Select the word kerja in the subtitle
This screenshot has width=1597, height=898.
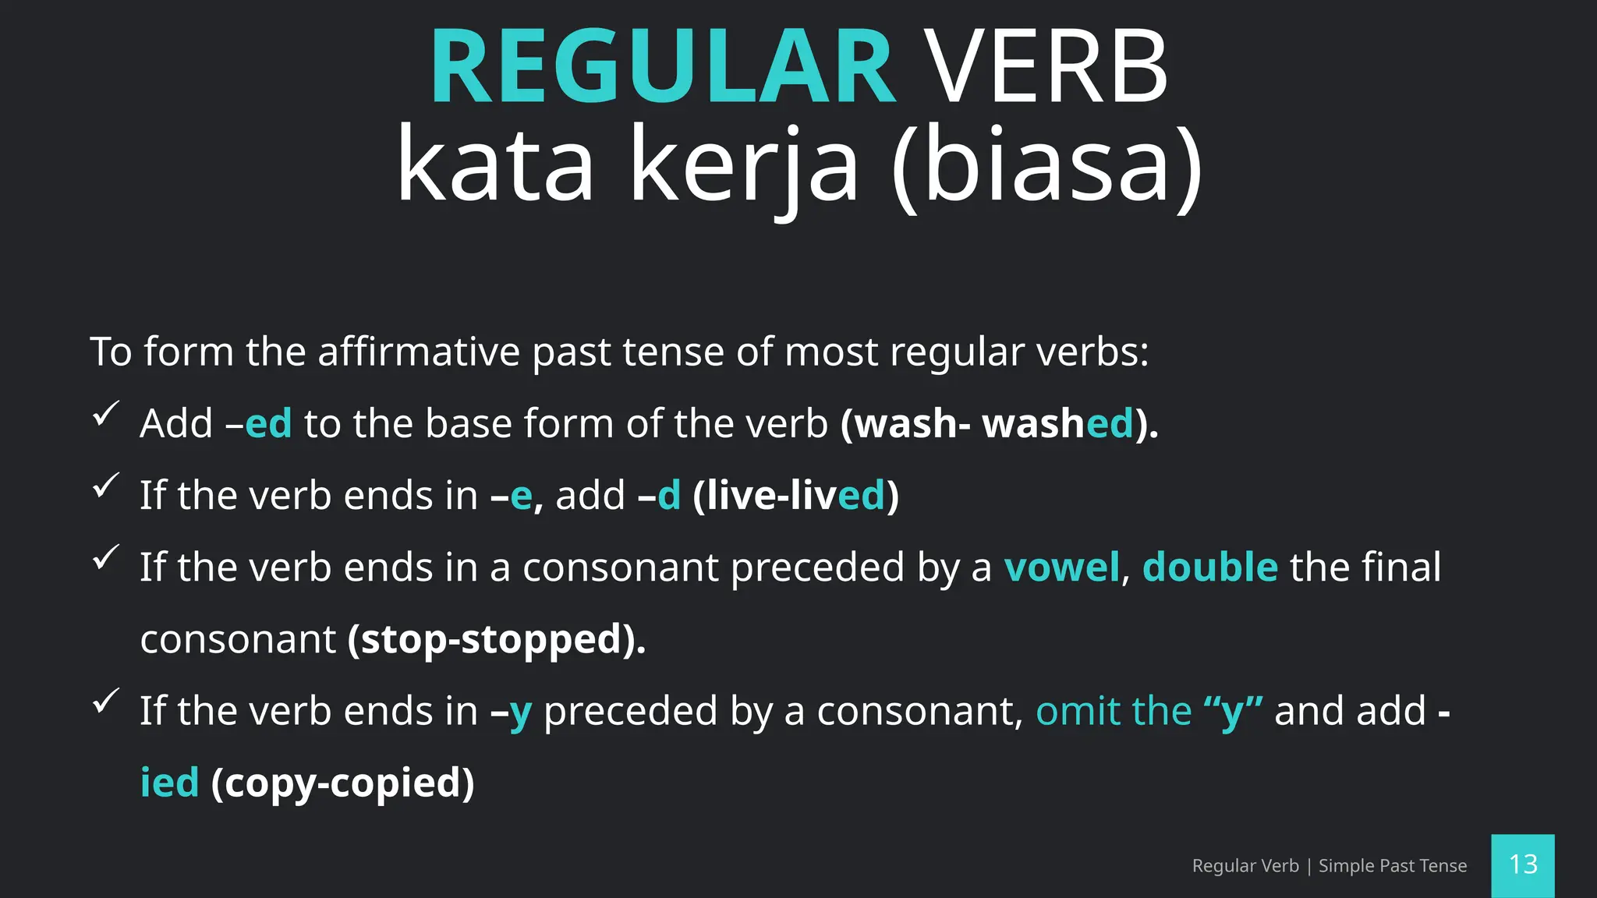[x=744, y=165]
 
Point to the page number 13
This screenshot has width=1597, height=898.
[x=1523, y=864]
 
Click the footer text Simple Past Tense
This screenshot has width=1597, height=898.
[x=1392, y=866]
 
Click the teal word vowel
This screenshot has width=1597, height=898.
[x=1061, y=567]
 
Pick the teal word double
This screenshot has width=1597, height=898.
[x=1209, y=567]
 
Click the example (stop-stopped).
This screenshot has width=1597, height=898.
[x=497, y=640]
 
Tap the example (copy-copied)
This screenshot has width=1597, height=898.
[x=342, y=783]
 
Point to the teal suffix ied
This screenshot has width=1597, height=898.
[x=169, y=783]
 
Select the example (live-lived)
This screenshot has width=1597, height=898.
[x=795, y=496]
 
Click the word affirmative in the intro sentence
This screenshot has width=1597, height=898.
[x=419, y=352]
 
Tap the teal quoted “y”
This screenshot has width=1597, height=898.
[x=1233, y=712]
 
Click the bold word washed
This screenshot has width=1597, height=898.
[x=1057, y=424]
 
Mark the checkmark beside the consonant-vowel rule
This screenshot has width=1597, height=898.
[x=105, y=557]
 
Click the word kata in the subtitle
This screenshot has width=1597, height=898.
[x=496, y=165]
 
